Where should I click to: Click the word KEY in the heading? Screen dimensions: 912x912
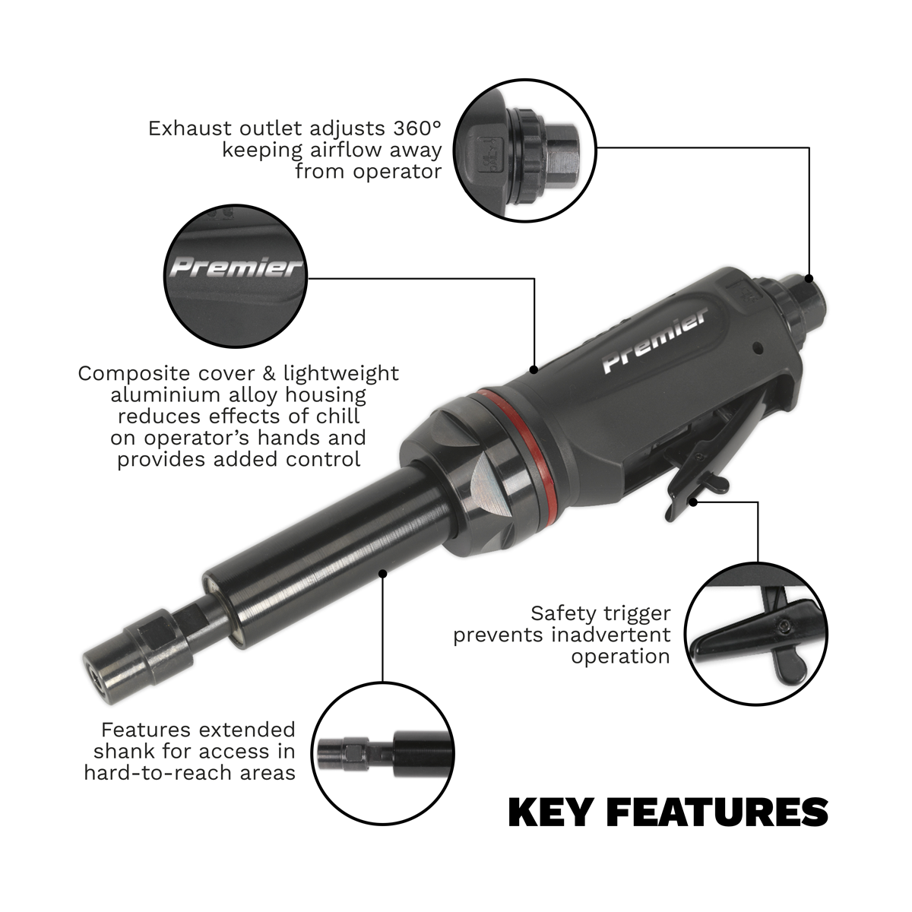click(x=549, y=812)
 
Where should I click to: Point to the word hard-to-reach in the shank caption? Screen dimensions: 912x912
click(x=168, y=773)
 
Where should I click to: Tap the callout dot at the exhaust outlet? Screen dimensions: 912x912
click(x=808, y=277)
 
